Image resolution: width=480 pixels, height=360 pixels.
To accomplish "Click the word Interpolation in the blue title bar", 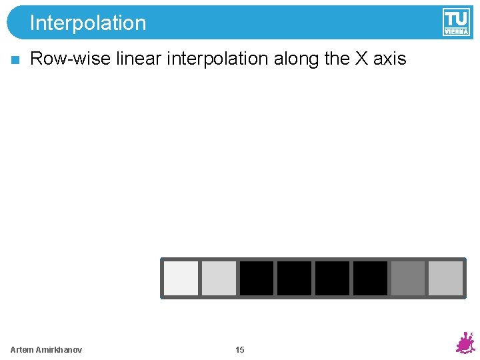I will (87, 23).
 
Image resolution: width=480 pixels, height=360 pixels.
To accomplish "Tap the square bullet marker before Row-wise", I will (15, 60).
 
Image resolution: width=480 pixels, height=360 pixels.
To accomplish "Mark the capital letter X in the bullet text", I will (361, 59).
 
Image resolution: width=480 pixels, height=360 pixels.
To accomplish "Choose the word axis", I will (389, 59).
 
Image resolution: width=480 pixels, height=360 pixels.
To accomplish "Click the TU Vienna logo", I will (455, 22).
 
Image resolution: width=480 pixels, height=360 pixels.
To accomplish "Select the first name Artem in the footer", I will (23, 350).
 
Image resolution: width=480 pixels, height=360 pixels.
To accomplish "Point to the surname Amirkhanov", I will (60, 350).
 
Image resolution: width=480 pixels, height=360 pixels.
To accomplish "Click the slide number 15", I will (240, 350).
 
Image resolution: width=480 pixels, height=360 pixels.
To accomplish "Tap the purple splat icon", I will (465, 343).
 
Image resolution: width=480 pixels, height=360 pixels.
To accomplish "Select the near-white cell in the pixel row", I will (181, 278).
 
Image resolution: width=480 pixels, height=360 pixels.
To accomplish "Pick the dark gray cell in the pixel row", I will (407, 278).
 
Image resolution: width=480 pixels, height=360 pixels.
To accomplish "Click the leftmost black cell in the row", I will (257, 278).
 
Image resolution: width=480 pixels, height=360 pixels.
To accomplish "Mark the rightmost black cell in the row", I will (370, 278).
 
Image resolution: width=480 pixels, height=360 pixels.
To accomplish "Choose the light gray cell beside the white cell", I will (219, 278).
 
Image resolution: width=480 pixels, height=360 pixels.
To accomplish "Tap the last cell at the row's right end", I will (445, 278).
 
